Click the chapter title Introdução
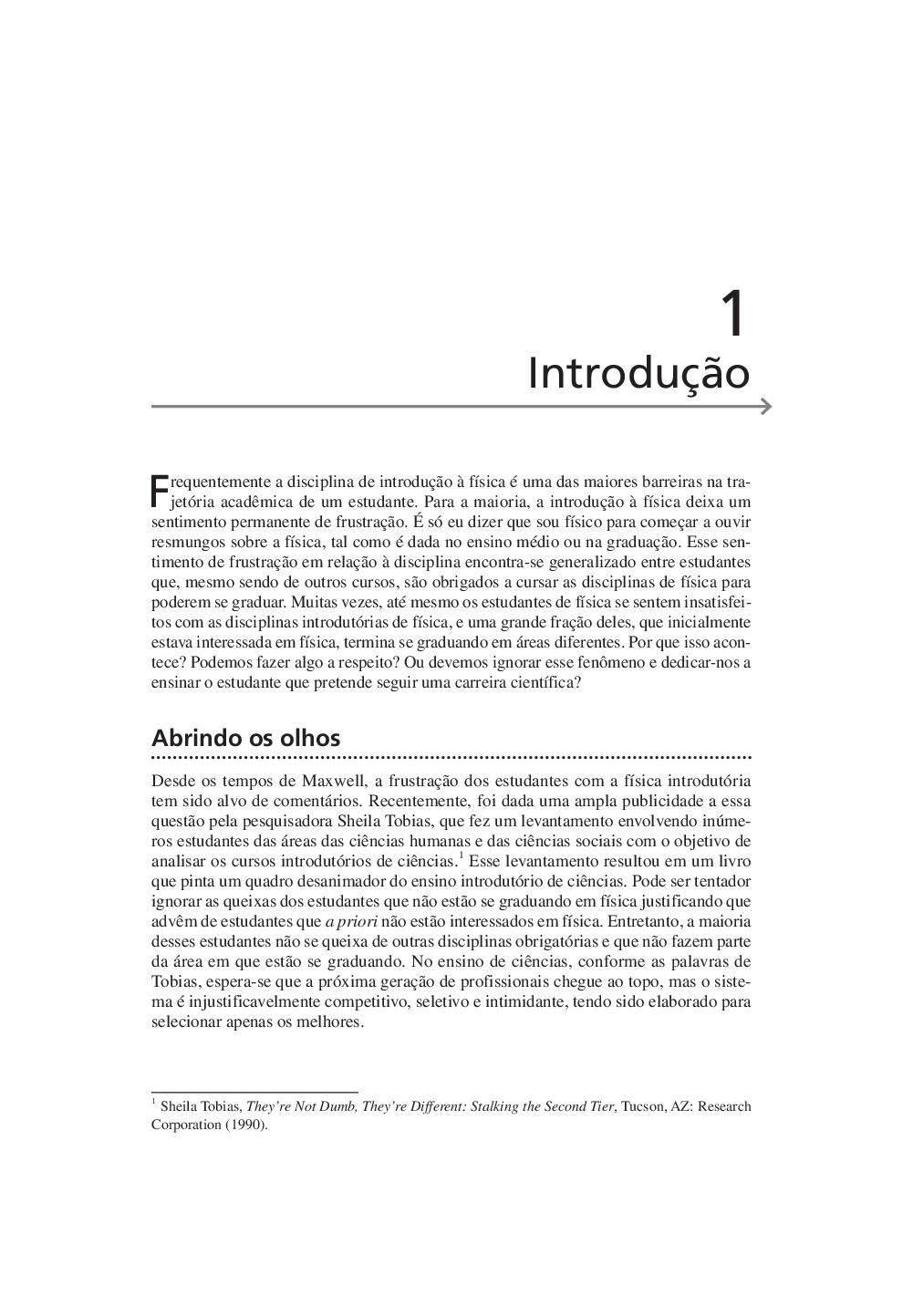point(638,373)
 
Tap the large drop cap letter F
point(159,490)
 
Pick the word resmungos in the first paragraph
point(183,542)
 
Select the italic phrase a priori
point(351,921)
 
